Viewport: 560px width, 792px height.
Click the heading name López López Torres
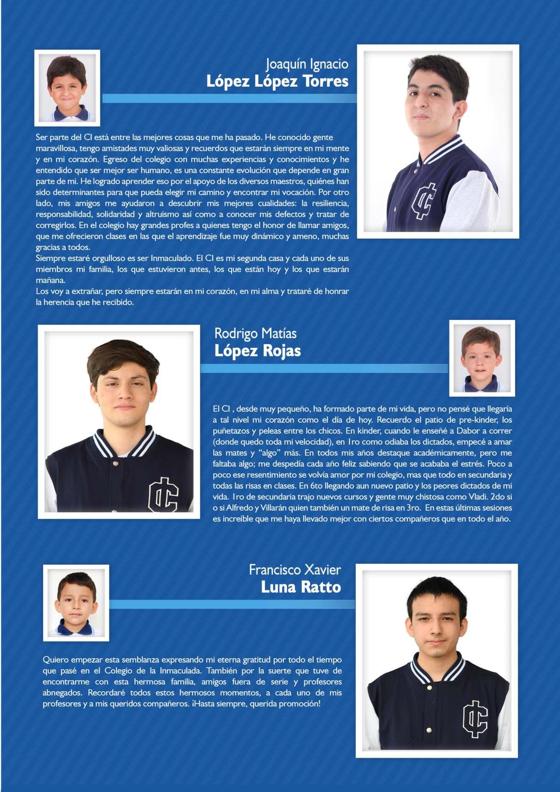[x=277, y=81]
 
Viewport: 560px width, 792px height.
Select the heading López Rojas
[x=257, y=351]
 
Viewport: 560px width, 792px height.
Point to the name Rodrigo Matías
[x=255, y=333]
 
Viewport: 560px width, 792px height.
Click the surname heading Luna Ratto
[x=301, y=587]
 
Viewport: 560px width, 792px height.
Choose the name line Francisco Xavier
[x=295, y=570]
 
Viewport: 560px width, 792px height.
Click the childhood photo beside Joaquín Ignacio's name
[x=67, y=88]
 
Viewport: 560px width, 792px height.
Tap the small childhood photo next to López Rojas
[x=482, y=358]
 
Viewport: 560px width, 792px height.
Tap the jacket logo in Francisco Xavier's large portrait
[x=475, y=719]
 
